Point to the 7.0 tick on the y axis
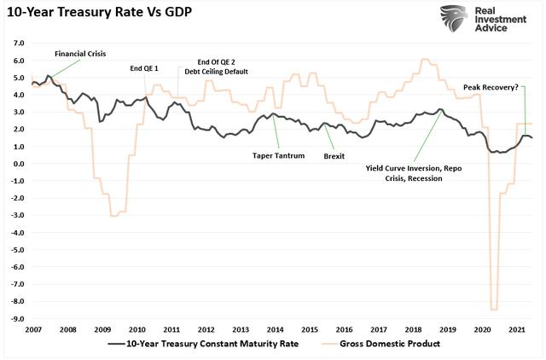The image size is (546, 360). click(18, 42)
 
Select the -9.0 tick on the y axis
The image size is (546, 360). click(18, 318)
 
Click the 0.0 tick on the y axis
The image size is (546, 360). click(18, 163)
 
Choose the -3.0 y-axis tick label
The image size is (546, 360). click(18, 215)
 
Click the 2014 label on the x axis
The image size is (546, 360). click(276, 329)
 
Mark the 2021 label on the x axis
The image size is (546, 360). click(515, 329)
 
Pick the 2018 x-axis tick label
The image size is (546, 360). click(413, 329)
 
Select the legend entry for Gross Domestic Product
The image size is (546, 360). click(388, 344)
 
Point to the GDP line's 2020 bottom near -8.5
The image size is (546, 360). click(494, 309)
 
